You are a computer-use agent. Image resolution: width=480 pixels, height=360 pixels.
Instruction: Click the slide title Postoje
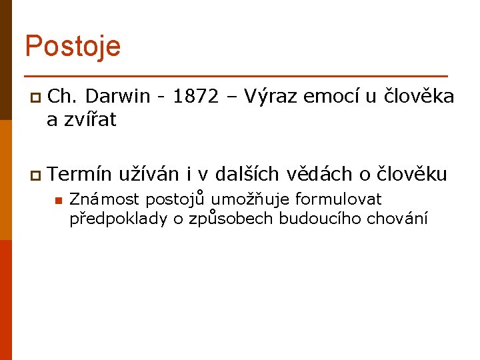tap(73, 47)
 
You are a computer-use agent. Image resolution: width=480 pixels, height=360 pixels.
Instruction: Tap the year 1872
tap(195, 97)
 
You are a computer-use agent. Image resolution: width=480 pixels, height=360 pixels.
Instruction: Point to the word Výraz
tap(271, 97)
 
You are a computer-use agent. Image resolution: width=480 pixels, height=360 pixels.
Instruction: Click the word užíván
tap(148, 174)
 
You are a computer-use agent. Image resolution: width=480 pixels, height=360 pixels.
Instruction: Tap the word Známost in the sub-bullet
tap(105, 199)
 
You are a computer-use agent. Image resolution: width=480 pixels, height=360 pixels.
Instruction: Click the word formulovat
tap(339, 199)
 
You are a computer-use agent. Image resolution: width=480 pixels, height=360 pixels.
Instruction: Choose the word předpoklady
tap(118, 219)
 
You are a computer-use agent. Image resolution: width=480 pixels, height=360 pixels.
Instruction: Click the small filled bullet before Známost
tap(58, 200)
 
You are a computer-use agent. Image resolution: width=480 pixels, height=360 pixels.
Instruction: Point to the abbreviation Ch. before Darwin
tap(63, 97)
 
